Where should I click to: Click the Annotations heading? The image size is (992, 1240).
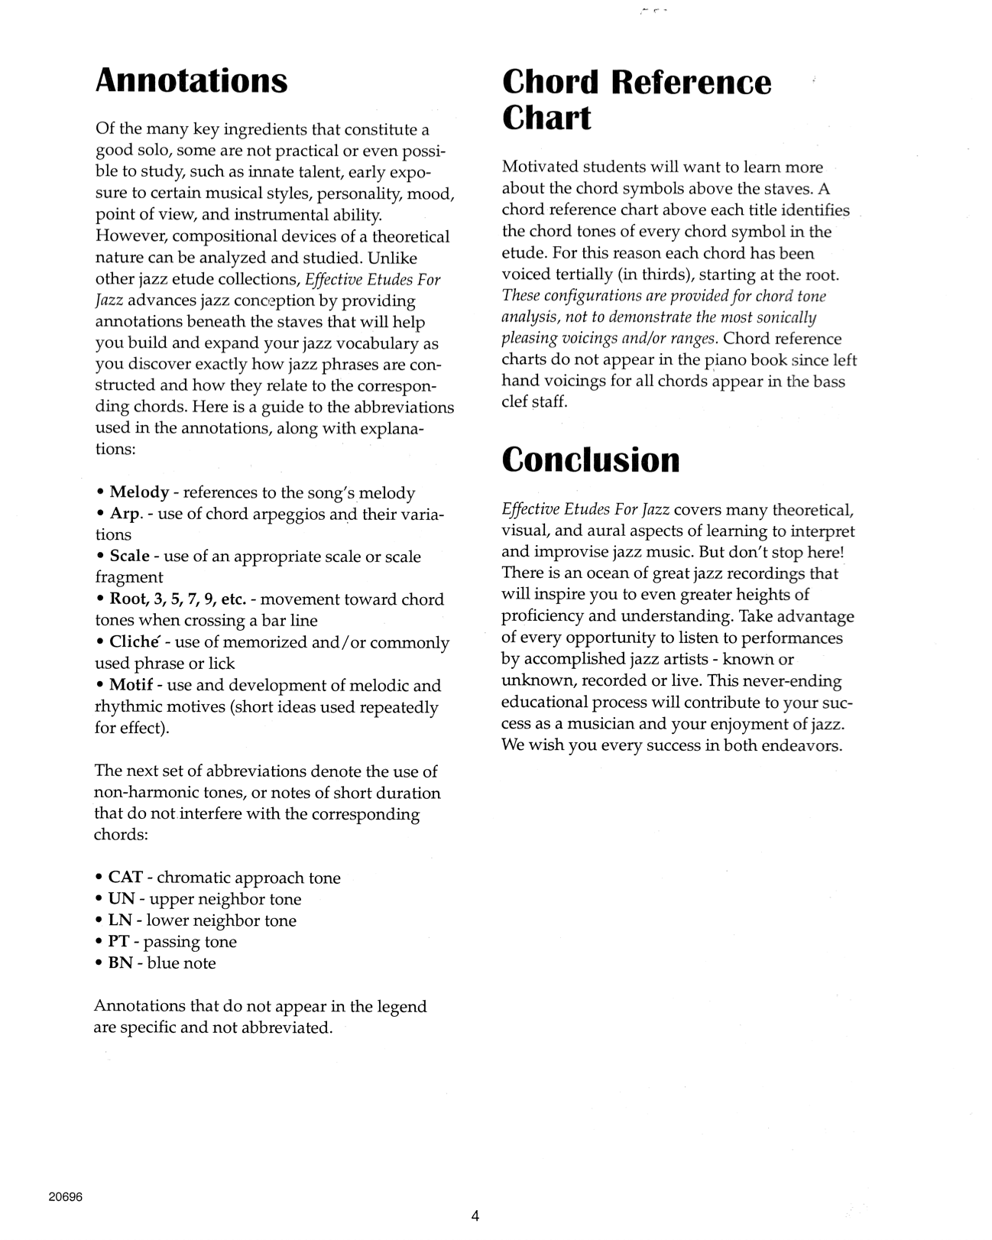[x=191, y=81]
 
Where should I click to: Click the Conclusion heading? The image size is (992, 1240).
[x=591, y=459]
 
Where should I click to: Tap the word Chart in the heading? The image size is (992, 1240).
[x=546, y=118]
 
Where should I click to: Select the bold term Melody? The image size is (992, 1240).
[x=139, y=492]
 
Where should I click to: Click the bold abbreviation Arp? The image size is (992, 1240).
[x=125, y=514]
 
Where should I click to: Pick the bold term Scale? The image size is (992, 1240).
[x=129, y=557]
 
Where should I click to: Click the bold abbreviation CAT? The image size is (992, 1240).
[x=125, y=878]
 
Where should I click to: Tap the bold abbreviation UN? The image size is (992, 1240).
[x=122, y=899]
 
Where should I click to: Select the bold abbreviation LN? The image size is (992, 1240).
[x=121, y=920]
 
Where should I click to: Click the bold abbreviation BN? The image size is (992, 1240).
[x=121, y=963]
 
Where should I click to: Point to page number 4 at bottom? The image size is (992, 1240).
[x=475, y=1216]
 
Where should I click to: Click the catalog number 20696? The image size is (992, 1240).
[x=65, y=1198]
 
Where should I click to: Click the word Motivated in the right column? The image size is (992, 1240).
[x=540, y=167]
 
